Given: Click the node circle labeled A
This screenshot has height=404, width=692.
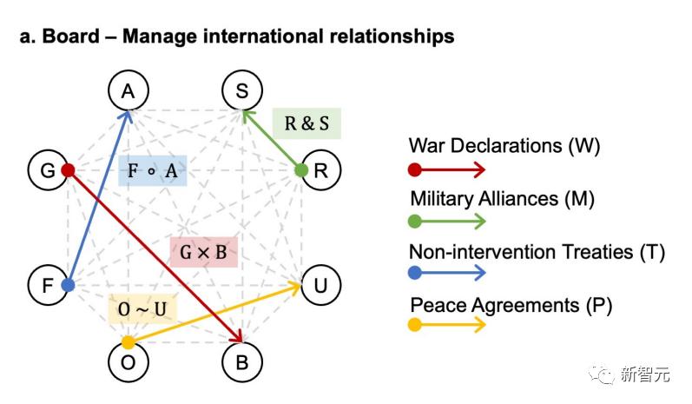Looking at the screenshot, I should [129, 90].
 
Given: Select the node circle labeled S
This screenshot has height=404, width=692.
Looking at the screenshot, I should [241, 90].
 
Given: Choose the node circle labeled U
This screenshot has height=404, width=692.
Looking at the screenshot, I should [320, 284].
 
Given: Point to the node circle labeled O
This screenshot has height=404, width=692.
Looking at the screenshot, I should [129, 362].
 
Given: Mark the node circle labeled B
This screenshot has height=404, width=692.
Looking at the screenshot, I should [241, 362].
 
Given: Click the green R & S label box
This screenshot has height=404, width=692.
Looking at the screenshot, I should [306, 123].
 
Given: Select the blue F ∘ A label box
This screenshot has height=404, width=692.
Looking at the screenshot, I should [153, 170].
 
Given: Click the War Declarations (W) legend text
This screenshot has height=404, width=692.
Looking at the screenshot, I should [504, 145].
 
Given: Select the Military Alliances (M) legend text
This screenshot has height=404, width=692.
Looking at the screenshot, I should [502, 199].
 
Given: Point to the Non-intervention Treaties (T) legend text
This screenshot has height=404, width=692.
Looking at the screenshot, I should [537, 252].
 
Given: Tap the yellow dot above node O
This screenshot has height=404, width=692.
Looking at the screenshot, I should [129, 341].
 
